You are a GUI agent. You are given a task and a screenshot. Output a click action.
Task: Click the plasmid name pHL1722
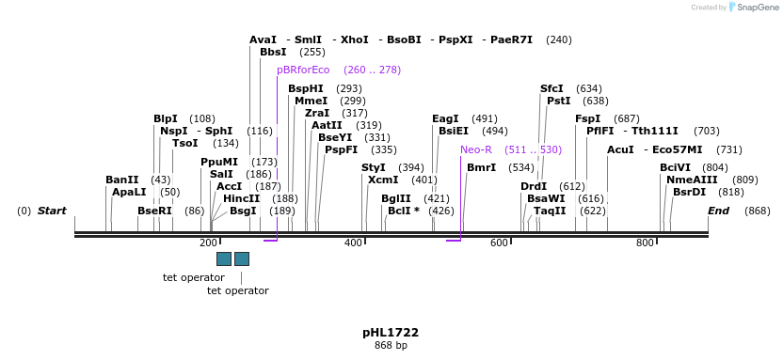391,333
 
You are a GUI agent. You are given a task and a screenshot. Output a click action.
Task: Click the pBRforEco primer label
303,70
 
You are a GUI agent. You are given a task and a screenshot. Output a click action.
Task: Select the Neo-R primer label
476,149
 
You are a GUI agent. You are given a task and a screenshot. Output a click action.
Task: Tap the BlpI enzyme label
166,118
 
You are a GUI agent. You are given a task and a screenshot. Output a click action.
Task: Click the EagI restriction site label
445,118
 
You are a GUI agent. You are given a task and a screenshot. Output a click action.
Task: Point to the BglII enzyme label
395,198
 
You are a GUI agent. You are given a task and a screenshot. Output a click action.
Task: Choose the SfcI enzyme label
551,88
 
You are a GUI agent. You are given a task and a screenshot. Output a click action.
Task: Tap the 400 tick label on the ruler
354,243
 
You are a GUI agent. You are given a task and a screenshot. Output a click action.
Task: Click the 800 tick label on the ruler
645,243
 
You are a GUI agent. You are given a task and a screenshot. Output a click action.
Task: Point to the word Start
52,211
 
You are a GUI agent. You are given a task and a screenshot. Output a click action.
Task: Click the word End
719,211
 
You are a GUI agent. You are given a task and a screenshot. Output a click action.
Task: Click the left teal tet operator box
224,258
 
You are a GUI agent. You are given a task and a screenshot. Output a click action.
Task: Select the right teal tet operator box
242,258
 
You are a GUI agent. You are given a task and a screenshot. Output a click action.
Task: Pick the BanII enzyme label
122,180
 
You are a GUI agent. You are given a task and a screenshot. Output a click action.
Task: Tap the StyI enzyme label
374,167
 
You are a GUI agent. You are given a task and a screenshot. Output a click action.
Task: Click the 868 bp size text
391,346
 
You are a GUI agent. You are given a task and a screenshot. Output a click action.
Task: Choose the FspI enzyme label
587,118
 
